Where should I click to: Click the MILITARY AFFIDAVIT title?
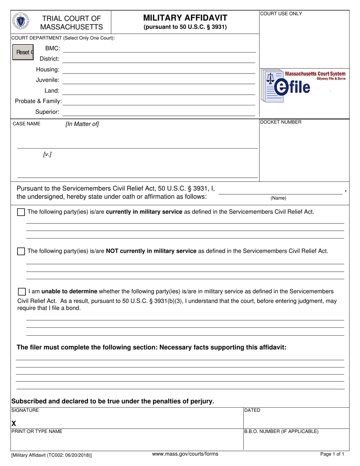[185, 18]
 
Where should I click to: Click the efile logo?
[303, 86]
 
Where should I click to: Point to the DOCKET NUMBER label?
[281, 122]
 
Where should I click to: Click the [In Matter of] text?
[82, 124]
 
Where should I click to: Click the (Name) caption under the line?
[278, 198]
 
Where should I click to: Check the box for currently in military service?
[21, 212]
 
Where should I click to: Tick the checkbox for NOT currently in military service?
[21, 251]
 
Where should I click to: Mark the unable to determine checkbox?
[22, 292]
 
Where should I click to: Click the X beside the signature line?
[14, 424]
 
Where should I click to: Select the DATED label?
[252, 410]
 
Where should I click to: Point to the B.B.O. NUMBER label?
[281, 432]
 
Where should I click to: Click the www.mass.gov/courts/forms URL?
[185, 454]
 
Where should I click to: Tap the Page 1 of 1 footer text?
[332, 454]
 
